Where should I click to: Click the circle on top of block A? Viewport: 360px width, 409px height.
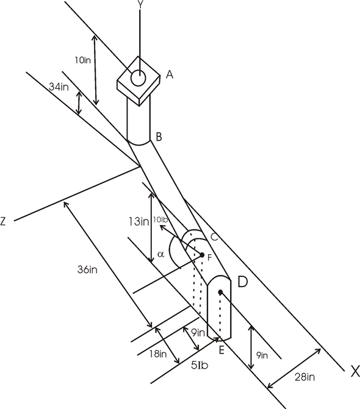click(139, 79)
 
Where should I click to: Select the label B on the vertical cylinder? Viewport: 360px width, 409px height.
click(158, 137)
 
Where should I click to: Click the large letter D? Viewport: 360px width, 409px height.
click(242, 282)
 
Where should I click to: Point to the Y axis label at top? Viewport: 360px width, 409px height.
click(141, 4)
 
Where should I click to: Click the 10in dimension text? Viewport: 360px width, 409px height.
click(83, 60)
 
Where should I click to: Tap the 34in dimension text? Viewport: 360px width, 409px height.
click(58, 87)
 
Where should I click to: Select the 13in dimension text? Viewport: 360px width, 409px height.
click(140, 221)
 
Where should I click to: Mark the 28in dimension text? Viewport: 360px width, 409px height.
click(303, 377)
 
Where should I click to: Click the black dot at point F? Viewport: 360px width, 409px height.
click(201, 255)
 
